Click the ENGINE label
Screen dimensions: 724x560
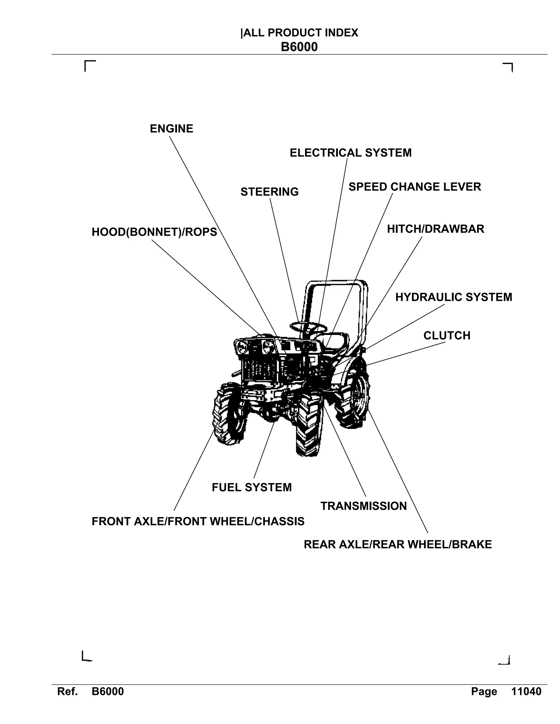171,129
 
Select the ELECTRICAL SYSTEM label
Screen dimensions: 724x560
350,153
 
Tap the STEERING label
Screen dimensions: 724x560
269,192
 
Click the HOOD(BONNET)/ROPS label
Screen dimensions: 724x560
154,232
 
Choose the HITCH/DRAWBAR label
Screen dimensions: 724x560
435,229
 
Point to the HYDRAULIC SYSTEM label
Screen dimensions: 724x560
454,297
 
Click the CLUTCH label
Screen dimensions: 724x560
447,335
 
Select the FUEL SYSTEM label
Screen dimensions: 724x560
252,487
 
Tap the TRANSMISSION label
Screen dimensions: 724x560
363,506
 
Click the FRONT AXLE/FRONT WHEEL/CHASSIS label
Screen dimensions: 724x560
198,522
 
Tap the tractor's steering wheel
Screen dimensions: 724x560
308,328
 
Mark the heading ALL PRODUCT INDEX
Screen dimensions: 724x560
300,33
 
